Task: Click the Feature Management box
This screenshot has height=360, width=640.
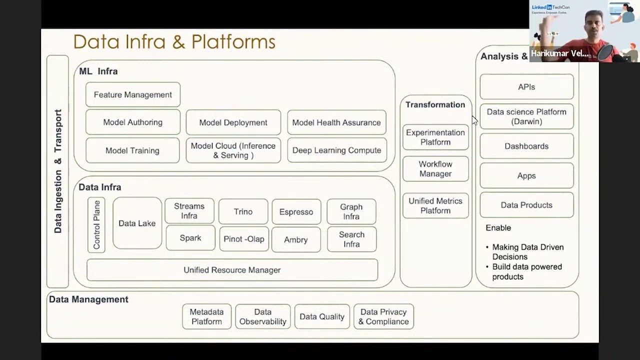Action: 132,95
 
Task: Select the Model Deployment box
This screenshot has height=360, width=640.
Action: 233,122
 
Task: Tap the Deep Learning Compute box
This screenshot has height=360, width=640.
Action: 336,150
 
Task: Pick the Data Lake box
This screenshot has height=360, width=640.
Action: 137,223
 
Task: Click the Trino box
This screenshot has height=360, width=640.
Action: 243,212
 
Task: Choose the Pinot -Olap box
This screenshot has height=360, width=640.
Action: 243,239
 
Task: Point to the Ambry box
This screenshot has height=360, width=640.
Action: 295,240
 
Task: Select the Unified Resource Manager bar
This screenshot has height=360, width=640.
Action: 232,270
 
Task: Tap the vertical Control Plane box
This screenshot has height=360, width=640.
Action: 96,224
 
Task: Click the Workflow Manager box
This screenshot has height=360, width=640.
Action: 435,169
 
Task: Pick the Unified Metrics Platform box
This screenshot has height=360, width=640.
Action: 435,206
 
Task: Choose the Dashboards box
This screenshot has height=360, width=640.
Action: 526,146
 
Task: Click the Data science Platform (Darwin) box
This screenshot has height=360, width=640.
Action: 526,116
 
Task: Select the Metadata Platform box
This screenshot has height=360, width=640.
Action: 206,316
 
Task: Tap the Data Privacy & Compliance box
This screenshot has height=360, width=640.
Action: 383,316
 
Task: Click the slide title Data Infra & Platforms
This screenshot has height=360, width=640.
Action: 174,42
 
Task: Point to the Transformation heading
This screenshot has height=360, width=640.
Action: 435,105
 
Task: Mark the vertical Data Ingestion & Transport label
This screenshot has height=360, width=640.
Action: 58,171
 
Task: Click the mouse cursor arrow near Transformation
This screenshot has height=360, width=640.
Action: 474,120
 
